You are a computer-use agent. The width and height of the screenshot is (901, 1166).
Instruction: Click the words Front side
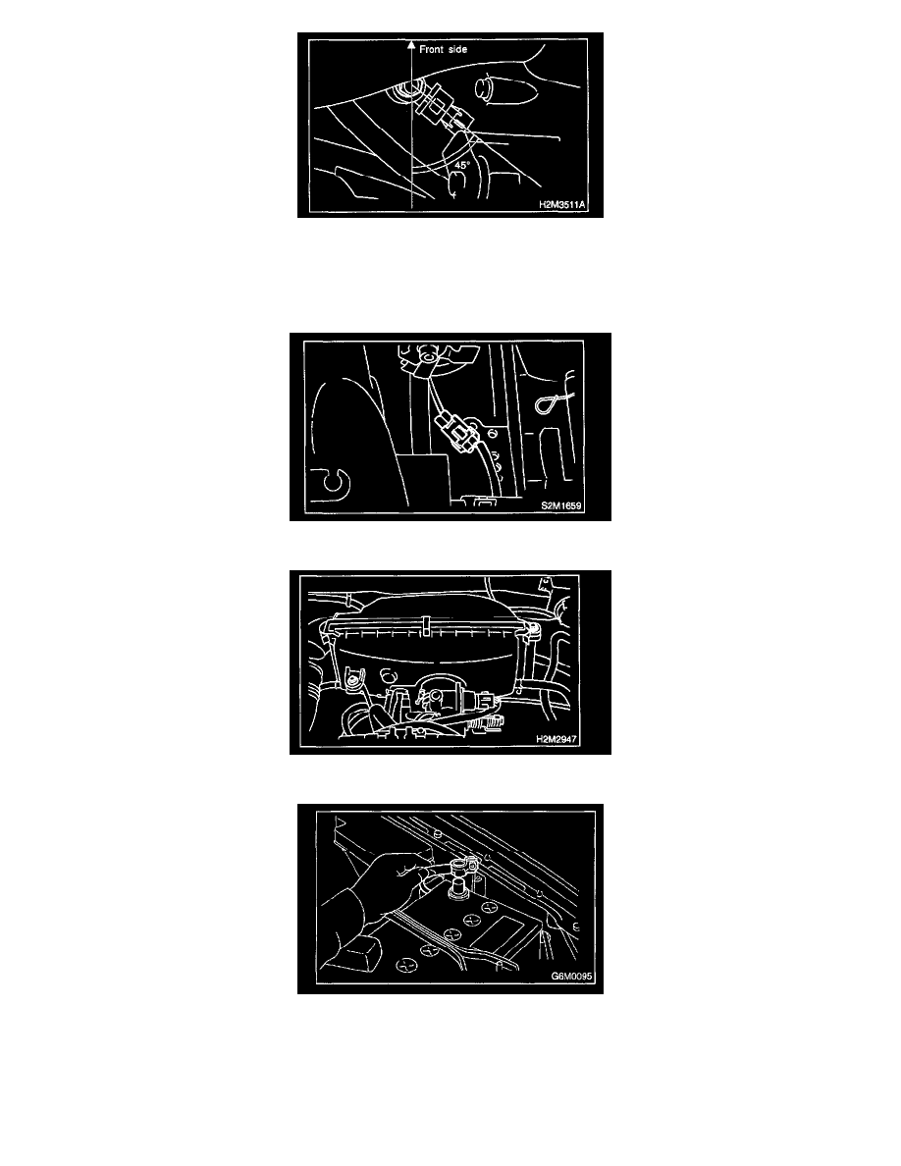click(443, 49)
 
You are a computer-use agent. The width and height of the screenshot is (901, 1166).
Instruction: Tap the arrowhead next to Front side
click(411, 45)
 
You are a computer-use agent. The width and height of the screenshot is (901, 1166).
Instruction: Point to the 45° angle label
click(462, 165)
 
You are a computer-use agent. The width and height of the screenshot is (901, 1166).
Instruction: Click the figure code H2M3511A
click(562, 204)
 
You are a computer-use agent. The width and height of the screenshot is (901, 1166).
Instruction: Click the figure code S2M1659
click(561, 505)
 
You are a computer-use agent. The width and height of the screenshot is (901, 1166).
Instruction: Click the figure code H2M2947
click(556, 739)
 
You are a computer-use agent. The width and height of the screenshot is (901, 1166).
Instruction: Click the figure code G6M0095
click(572, 977)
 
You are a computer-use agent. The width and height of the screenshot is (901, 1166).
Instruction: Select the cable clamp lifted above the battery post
click(454, 865)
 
